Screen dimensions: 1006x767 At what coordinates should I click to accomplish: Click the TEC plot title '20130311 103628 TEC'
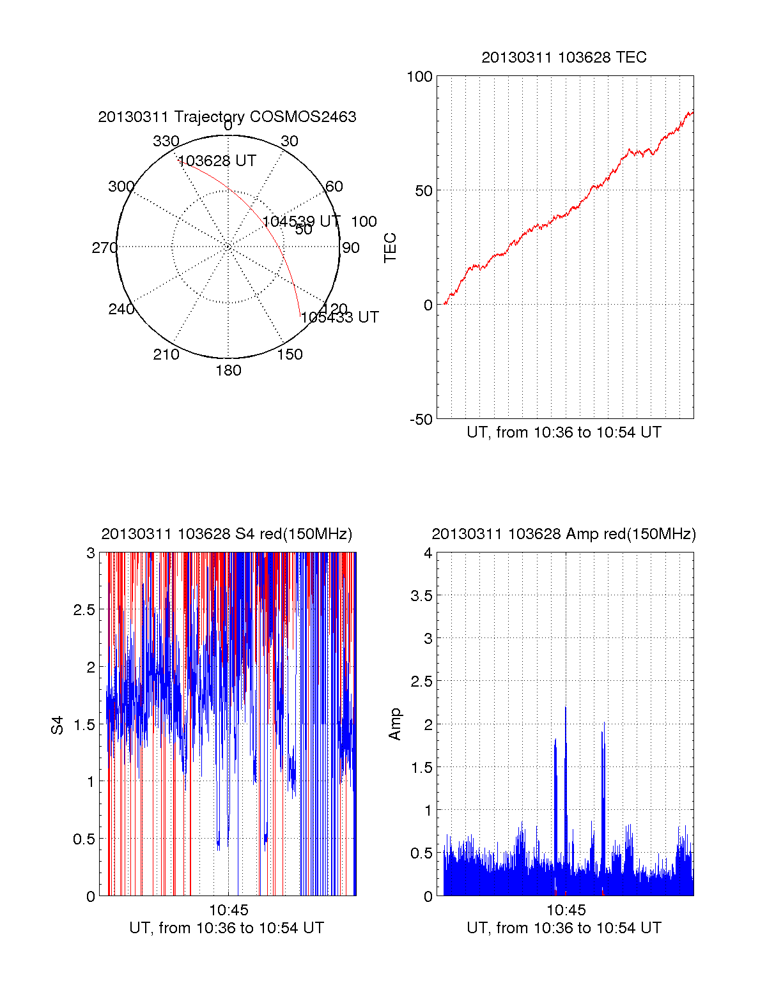click(564, 57)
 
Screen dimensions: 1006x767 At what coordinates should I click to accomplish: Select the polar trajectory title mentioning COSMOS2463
click(227, 117)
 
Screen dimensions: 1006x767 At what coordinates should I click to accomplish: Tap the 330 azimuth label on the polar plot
click(166, 141)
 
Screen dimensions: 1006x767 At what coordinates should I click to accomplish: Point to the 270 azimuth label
click(104, 248)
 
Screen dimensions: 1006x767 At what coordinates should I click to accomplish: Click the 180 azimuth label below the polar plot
click(228, 370)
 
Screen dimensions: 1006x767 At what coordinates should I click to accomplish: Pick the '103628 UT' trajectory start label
click(217, 161)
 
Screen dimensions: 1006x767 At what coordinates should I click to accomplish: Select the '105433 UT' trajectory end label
click(339, 317)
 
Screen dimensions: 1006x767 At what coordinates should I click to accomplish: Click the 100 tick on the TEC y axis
click(419, 77)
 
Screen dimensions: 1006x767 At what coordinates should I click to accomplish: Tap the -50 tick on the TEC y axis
click(421, 420)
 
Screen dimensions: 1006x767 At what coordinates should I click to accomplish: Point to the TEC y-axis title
click(390, 248)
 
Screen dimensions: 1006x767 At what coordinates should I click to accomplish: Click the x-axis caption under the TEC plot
click(564, 432)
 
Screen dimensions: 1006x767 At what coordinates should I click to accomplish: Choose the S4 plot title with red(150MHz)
click(227, 534)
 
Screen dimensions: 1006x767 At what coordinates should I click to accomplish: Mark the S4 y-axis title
click(58, 725)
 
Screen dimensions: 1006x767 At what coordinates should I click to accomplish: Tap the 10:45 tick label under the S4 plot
click(228, 910)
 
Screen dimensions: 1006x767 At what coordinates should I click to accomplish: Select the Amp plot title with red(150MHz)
click(564, 534)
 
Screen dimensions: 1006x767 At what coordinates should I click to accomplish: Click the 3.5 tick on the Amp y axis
click(421, 596)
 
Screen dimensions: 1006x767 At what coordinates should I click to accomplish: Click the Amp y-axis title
click(395, 724)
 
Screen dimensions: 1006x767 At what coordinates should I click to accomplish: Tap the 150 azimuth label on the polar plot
click(290, 354)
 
